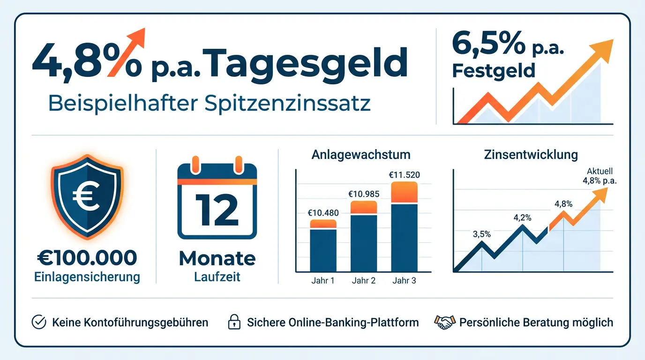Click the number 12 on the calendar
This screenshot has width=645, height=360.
coord(217,210)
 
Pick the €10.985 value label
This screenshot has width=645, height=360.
coord(363,194)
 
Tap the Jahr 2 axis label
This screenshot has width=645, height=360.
coord(363,281)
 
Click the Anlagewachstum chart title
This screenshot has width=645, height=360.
coord(360,155)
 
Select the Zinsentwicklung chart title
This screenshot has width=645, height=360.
coord(531,155)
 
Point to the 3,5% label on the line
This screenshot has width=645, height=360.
coord(482,234)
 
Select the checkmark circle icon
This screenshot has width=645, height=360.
coord(38,322)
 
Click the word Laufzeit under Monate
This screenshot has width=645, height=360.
coord(217,277)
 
